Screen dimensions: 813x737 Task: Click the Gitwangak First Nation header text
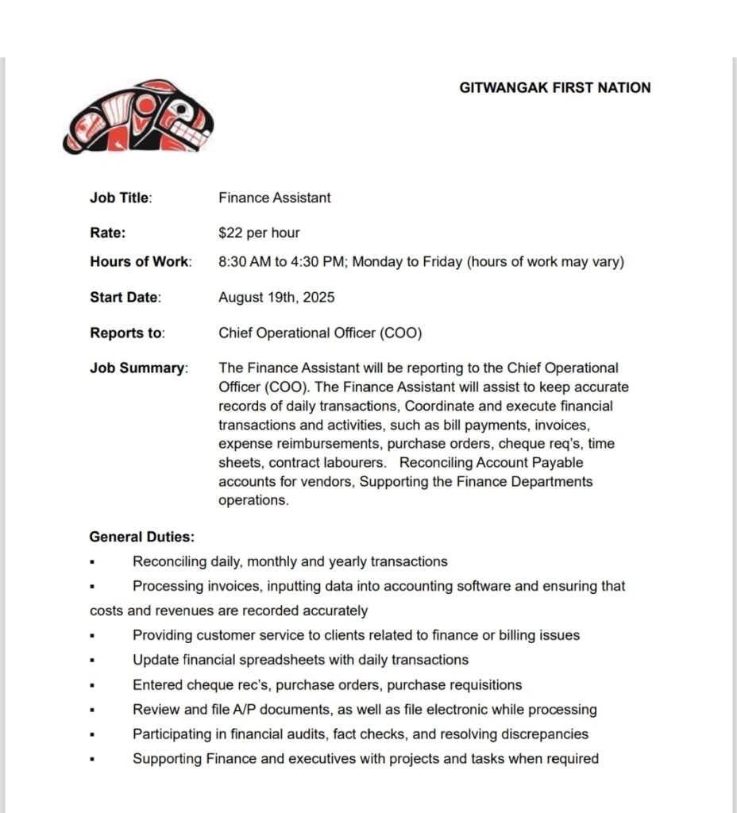[554, 88]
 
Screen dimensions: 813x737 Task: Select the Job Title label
[120, 198]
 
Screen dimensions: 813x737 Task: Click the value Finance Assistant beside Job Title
[275, 198]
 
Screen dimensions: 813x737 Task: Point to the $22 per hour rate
[259, 233]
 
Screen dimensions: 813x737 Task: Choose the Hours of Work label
[140, 262]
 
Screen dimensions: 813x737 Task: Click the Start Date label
[125, 298]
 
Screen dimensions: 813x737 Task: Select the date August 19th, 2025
[276, 298]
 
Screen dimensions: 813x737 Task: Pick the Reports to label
[127, 333]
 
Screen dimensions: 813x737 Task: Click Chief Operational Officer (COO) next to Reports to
[320, 333]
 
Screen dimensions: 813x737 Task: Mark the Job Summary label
[138, 368]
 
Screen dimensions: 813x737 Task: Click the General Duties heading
[141, 537]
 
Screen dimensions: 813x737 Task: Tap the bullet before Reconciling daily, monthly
[93, 562]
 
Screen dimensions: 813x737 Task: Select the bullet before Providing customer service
[93, 636]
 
